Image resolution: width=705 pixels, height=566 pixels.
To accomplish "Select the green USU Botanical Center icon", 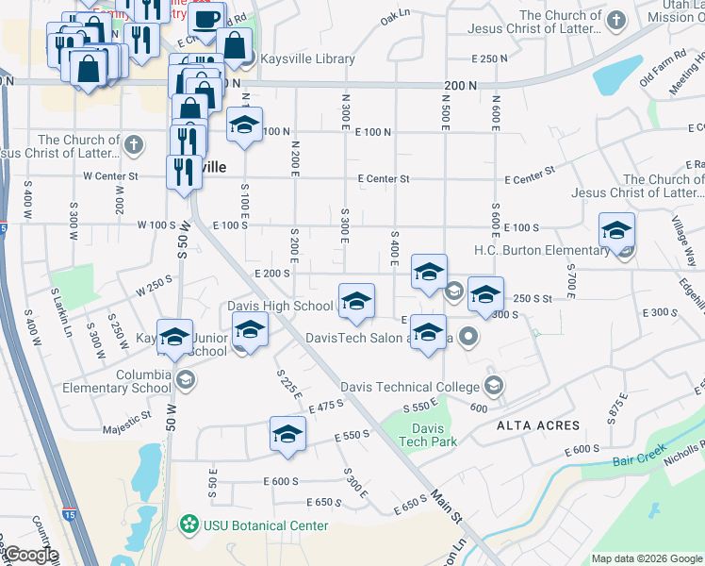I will click(x=189, y=524).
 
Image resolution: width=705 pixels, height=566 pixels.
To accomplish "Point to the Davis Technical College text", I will click(x=410, y=387).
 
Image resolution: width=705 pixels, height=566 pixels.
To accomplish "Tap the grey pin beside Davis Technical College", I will click(x=493, y=385).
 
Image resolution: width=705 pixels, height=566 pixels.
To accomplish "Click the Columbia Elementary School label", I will click(x=117, y=380).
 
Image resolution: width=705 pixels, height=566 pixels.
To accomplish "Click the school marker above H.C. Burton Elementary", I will click(x=616, y=231).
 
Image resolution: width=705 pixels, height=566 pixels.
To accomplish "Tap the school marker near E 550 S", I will click(x=287, y=434).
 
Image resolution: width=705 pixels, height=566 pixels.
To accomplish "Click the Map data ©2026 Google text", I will click(x=645, y=558).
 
